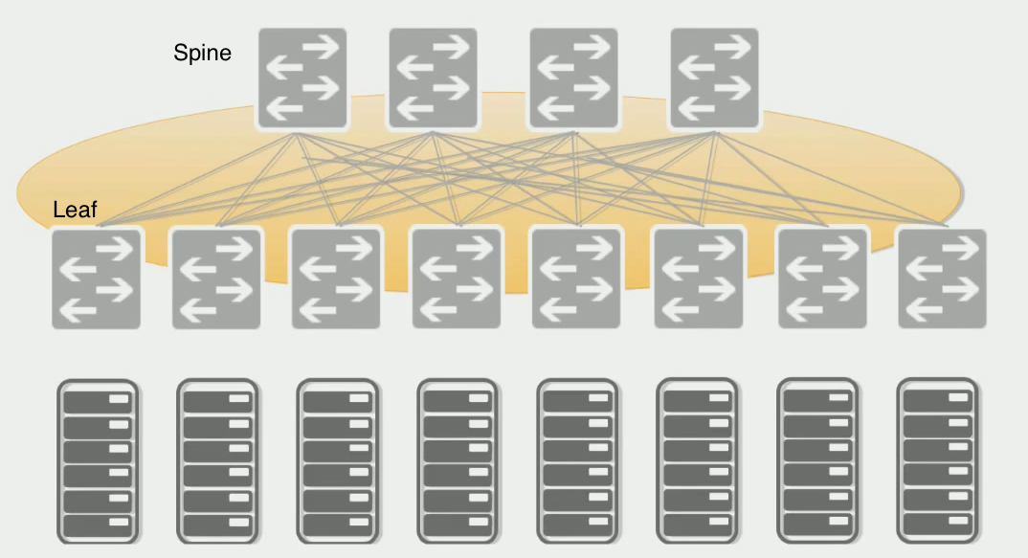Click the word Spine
(x=202, y=53)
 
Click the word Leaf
(x=75, y=210)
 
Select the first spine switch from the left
(x=302, y=78)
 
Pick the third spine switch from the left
(x=573, y=78)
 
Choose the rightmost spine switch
(x=714, y=78)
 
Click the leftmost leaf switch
(x=96, y=278)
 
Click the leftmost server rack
(x=98, y=458)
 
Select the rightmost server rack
(x=937, y=458)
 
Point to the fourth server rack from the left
(x=458, y=458)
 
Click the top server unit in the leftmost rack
(x=98, y=399)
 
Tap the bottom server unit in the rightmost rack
(x=937, y=525)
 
